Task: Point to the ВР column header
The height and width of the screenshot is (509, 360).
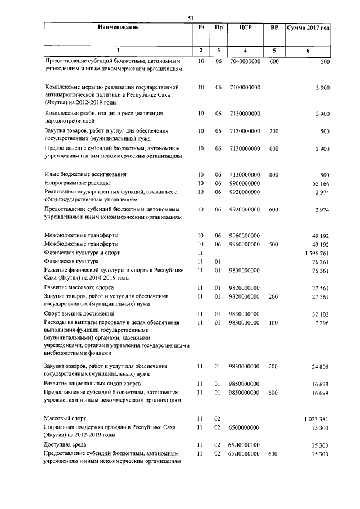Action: click(274, 27)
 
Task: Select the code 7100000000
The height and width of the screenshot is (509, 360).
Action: click(245, 88)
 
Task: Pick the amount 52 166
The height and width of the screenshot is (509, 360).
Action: click(319, 183)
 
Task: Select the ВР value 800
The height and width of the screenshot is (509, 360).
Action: click(274, 174)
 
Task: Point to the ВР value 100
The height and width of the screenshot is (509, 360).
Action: click(274, 323)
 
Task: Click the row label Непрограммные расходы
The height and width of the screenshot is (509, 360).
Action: click(77, 183)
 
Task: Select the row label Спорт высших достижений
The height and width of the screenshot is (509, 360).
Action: click(79, 313)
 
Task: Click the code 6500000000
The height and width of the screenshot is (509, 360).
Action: click(245, 428)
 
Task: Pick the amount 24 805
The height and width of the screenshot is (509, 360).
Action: click(319, 367)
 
